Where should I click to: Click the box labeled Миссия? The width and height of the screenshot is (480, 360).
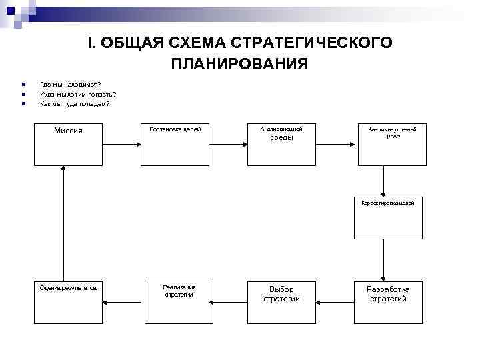[x=67, y=144]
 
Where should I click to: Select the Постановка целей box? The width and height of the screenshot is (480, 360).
[x=175, y=144]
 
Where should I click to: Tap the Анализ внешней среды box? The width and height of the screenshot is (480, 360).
[x=281, y=144]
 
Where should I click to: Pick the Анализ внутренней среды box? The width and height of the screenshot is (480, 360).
[x=391, y=144]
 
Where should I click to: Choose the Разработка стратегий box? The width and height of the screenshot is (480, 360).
[x=388, y=301]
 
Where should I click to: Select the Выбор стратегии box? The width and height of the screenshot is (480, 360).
[x=281, y=301]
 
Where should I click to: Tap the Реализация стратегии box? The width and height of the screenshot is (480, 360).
[x=178, y=301]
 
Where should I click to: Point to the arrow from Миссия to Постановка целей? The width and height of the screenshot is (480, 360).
[x=121, y=143]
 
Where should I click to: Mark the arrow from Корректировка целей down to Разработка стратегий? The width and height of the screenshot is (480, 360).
[x=383, y=259]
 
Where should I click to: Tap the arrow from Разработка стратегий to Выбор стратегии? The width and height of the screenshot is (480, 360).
[x=335, y=301]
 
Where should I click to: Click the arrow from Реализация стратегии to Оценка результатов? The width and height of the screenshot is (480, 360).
[x=125, y=301]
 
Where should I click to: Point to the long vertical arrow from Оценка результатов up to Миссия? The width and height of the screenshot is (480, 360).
[x=63, y=223]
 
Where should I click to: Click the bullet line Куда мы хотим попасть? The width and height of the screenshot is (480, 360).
[x=73, y=94]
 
